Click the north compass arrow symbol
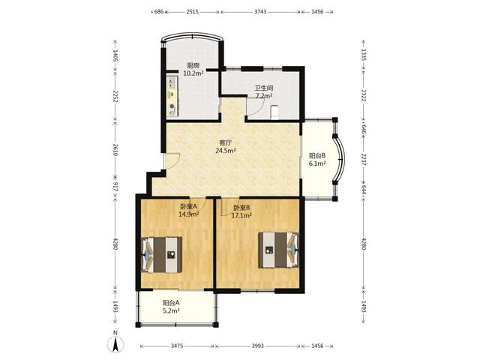pos(115,344)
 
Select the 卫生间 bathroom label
pos(264,88)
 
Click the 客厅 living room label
pos(225,142)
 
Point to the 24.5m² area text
pos(226,151)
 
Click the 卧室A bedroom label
pos(188,206)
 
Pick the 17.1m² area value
pos(241,215)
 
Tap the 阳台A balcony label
pos(171,303)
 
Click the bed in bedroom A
pos(162,255)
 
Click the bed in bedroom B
pos(278,250)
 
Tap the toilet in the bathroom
pos(275,112)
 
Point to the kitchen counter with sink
pos(172,96)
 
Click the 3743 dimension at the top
pos(260,12)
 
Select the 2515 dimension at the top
pos(193,12)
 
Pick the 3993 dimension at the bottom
pos(258,346)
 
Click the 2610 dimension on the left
pos(115,150)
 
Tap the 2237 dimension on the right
pos(364,160)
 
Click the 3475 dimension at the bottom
pos(177,346)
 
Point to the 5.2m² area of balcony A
pos(171,311)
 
